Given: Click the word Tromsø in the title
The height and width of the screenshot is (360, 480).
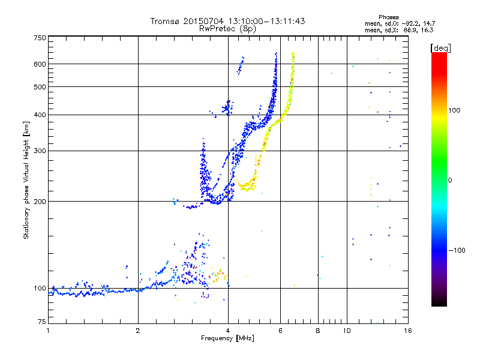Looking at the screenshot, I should coord(165,21).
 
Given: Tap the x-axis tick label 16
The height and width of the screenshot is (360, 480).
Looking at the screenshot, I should coord(407,331).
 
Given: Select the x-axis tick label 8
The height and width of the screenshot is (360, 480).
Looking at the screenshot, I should coord(318,331).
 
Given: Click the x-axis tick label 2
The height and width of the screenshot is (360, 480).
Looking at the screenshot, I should coord(138,331).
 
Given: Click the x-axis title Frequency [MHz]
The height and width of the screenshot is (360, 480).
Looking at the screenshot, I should coord(227,339).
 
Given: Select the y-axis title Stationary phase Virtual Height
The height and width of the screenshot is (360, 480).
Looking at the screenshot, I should coord(26,180).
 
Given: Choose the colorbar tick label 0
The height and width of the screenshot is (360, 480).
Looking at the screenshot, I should coord(451,180).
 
